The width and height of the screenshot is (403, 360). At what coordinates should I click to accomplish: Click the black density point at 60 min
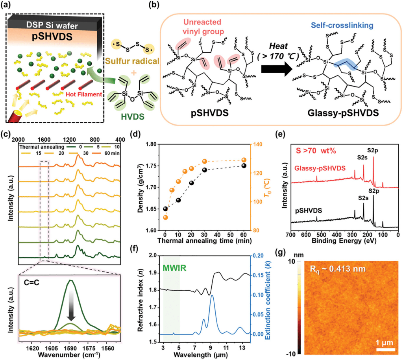244,166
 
